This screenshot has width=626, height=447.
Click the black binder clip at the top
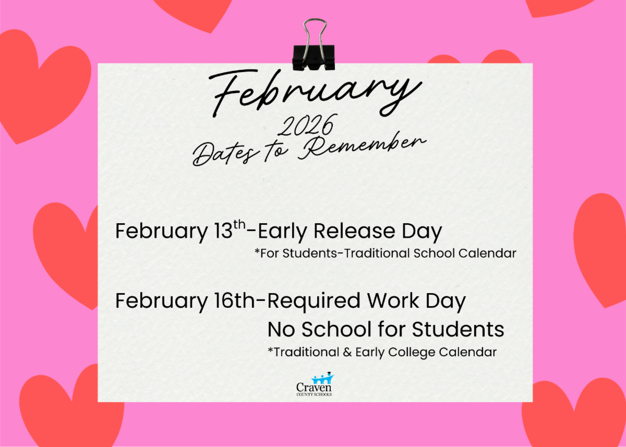[x=314, y=45]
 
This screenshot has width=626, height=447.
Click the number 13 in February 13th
[x=223, y=231]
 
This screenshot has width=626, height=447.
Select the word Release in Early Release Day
[x=354, y=231]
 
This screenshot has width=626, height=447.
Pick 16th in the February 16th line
[x=234, y=301]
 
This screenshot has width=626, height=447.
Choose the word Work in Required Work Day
[x=393, y=301]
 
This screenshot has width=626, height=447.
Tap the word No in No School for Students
[x=281, y=330]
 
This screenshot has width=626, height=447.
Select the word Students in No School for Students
[x=458, y=329]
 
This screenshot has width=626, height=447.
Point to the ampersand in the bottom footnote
[x=347, y=352]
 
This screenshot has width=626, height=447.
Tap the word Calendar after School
[x=487, y=253]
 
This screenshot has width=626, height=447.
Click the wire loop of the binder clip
[x=315, y=35]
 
